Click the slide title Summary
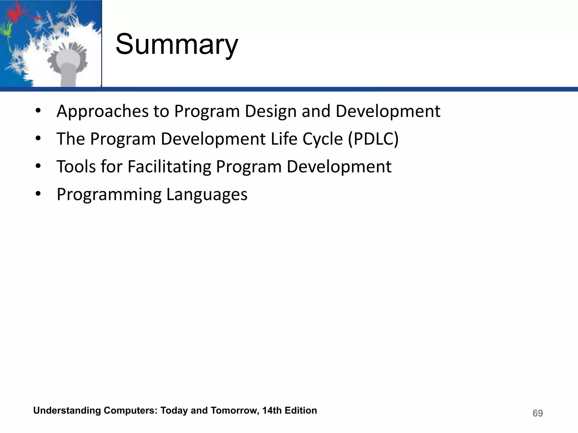(177, 45)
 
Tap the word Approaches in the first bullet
(102, 112)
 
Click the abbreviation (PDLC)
(373, 139)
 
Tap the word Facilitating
(169, 166)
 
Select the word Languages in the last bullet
(207, 195)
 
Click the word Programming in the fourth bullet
(109, 195)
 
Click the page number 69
(537, 413)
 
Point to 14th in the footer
(272, 410)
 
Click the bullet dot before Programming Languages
(38, 194)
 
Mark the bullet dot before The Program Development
(38, 138)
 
